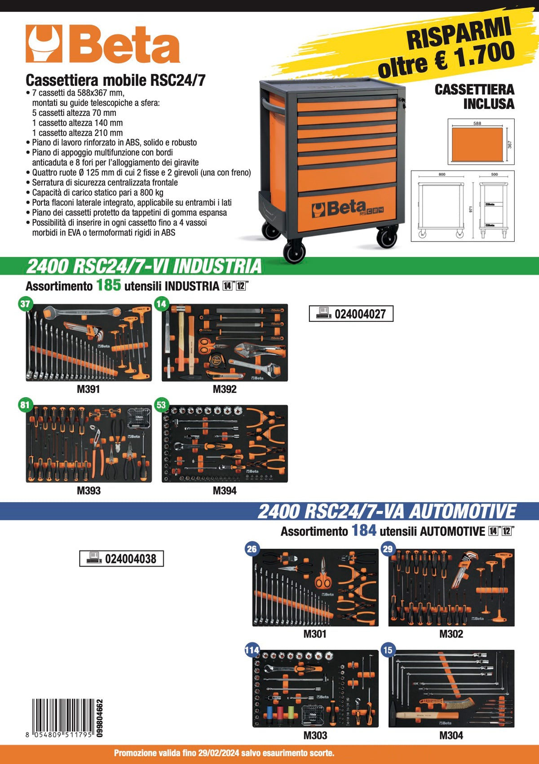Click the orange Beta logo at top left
102,44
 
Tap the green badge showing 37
25,304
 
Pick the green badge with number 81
25,405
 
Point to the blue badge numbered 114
252,650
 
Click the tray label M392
225,389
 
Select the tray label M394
225,491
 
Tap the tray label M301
315,634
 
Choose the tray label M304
451,735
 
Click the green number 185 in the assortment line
108,285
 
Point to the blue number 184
364,531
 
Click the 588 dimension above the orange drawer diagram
477,123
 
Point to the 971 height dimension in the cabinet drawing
471,209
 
